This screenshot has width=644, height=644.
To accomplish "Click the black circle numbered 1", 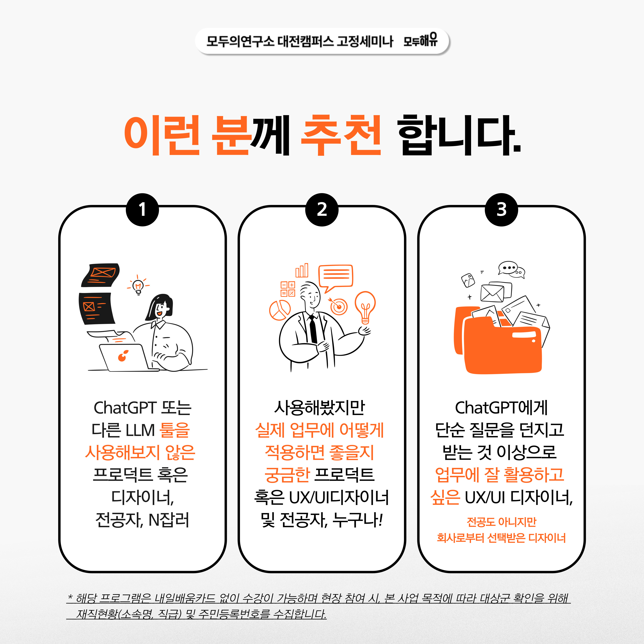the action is point(142,210).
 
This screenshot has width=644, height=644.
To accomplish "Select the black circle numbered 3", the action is point(501,210).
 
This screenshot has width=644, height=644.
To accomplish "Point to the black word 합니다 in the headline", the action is point(459,135).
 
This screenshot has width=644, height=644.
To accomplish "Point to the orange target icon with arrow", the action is point(338,306).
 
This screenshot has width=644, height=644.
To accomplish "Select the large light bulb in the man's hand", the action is point(365,307).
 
